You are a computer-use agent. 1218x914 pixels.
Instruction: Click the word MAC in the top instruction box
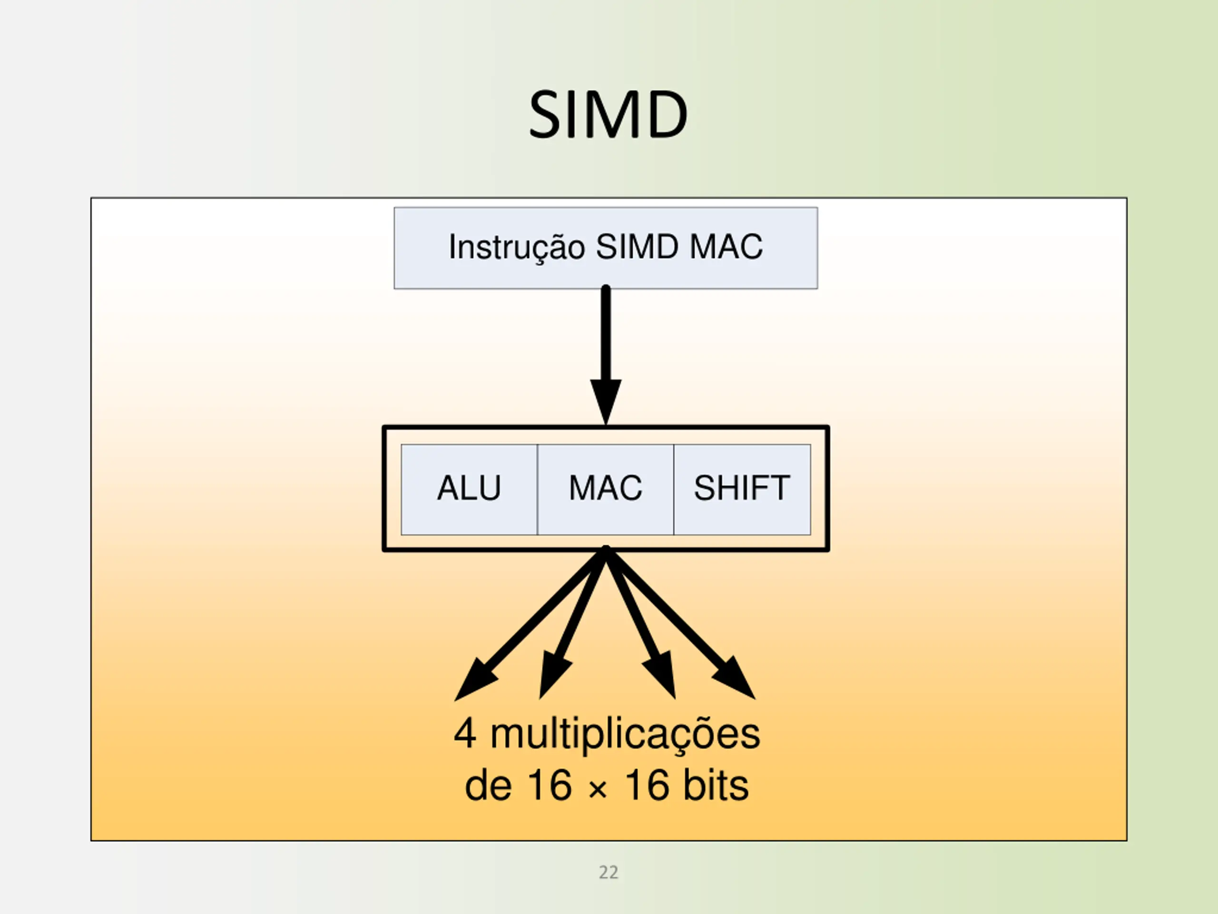pos(726,247)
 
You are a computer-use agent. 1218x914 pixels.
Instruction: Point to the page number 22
pos(609,872)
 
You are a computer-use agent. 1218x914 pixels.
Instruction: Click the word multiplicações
pos(625,735)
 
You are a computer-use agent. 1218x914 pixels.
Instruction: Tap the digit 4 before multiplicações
pos(465,735)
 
